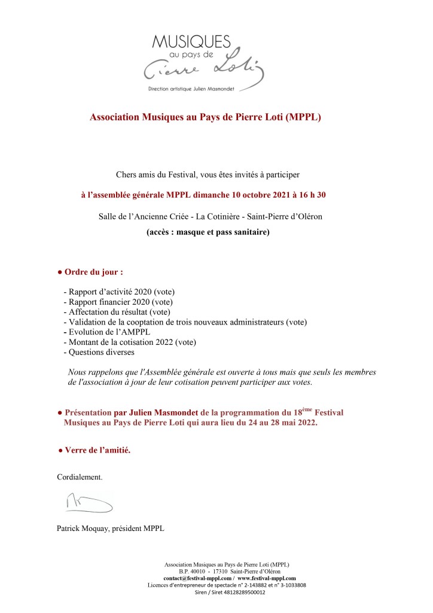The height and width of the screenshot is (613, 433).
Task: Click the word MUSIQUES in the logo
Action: [191, 41]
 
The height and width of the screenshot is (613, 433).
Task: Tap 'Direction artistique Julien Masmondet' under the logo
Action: [191, 88]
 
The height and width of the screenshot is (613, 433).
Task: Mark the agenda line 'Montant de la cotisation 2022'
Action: [120, 342]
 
